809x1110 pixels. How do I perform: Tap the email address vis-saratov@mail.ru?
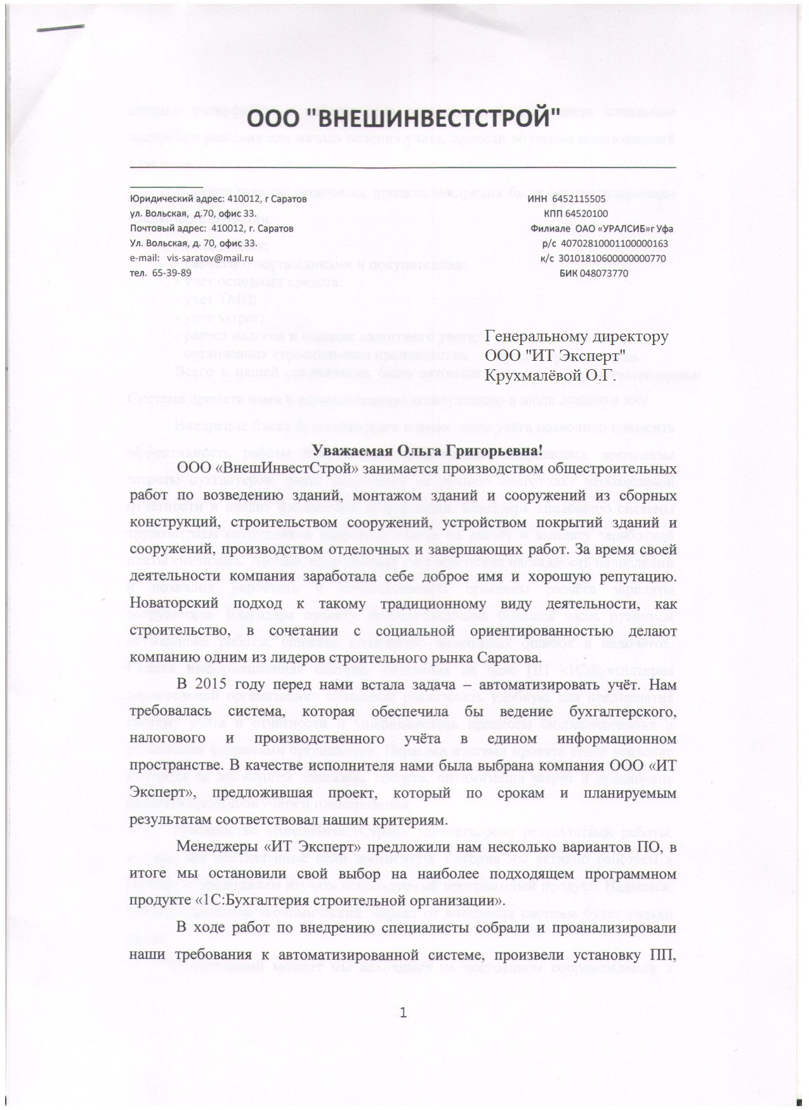[210, 258]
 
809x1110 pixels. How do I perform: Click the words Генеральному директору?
[576, 337]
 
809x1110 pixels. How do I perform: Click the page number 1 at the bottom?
[403, 1012]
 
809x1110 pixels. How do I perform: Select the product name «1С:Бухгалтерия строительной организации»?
[326, 900]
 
